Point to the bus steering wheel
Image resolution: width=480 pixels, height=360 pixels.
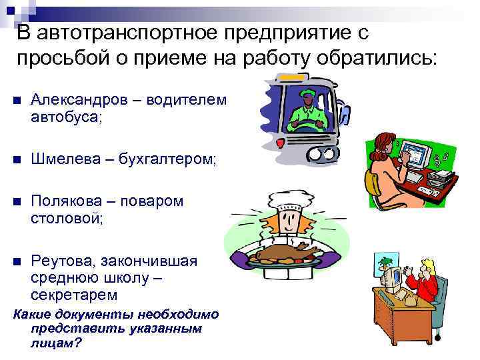[306, 125]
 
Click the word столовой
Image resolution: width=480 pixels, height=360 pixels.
[66, 217]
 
